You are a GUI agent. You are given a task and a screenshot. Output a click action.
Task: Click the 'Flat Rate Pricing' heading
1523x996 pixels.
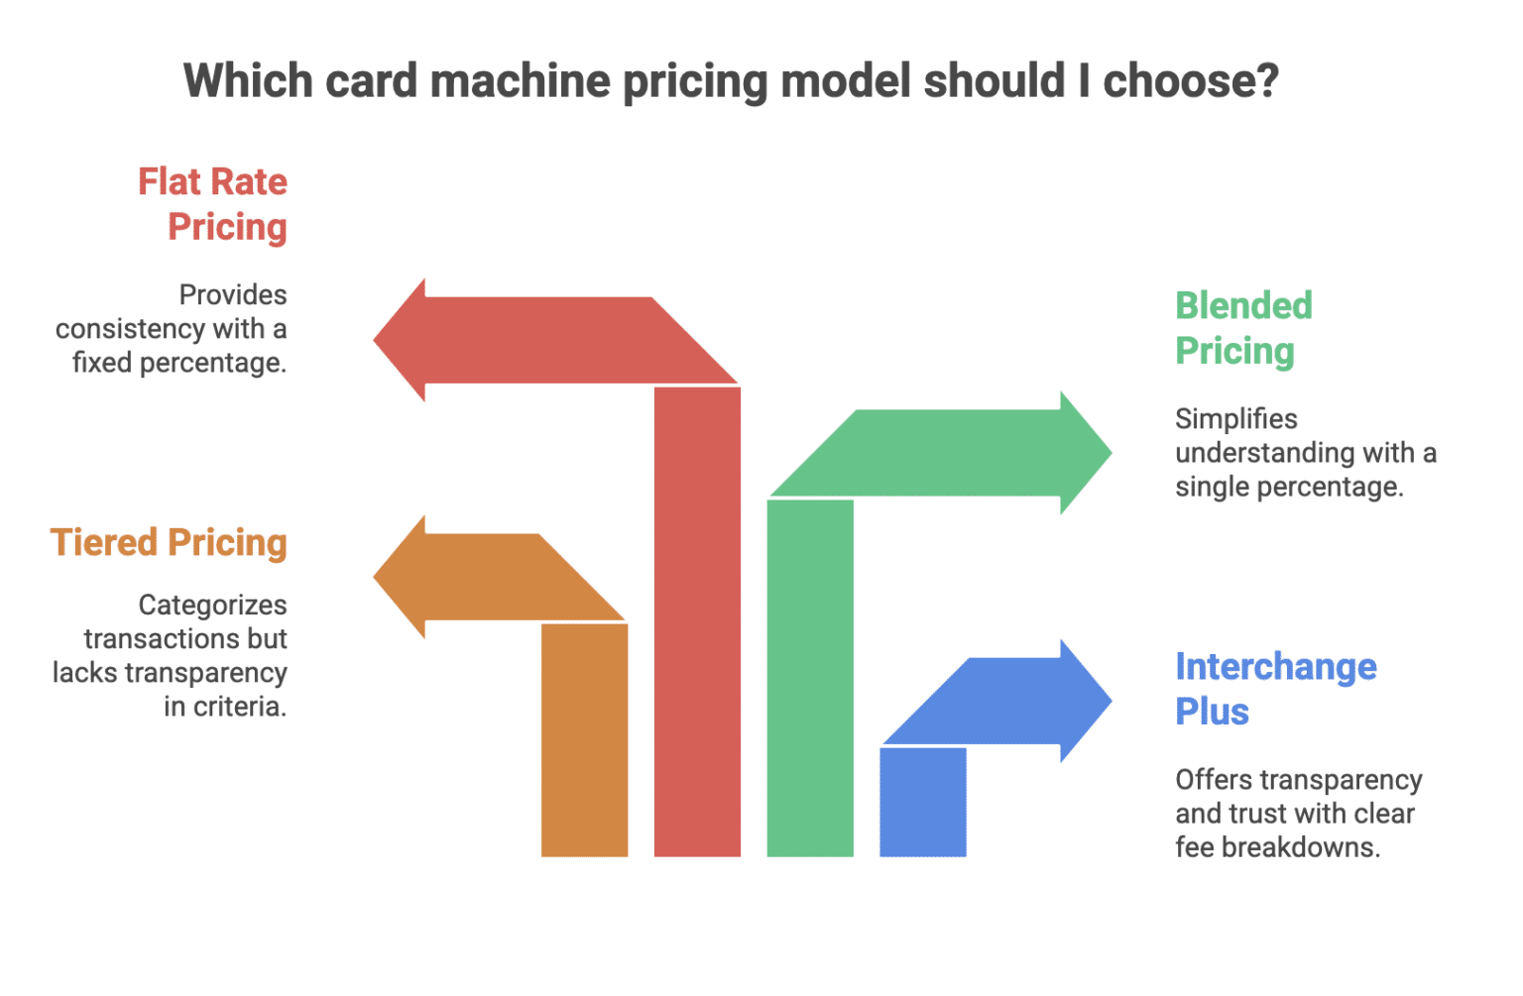[213, 204]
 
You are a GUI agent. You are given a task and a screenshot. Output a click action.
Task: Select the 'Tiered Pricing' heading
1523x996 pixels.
[169, 543]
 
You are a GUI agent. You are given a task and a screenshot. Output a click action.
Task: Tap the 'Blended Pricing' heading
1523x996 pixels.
[1243, 328]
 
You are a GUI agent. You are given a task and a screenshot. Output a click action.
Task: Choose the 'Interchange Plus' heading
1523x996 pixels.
[1275, 689]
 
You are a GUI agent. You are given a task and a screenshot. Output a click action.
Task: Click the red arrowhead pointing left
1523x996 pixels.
[402, 340]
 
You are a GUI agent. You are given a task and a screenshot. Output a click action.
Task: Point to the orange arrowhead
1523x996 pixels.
[402, 577]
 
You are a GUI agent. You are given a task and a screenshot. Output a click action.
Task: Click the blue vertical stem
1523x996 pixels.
[923, 802]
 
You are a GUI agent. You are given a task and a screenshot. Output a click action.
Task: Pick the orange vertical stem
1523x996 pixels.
[584, 739]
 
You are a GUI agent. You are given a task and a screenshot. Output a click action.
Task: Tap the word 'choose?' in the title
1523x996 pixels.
[1191, 80]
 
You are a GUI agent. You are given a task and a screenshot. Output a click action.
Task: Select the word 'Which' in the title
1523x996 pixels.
[248, 80]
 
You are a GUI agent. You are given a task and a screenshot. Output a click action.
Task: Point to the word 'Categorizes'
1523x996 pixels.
[212, 605]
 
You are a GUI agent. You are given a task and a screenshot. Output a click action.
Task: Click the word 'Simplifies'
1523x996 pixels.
[1236, 419]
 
